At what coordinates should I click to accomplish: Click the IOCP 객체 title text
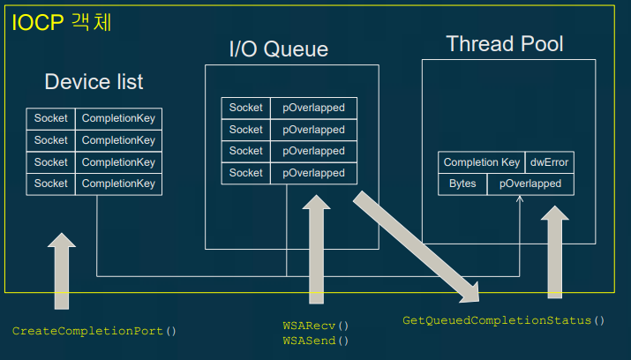click(x=62, y=22)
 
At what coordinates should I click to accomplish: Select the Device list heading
click(x=94, y=82)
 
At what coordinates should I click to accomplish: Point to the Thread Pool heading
click(x=504, y=44)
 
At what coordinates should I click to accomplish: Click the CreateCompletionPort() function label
click(x=94, y=331)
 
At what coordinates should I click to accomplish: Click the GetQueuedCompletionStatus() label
click(x=504, y=320)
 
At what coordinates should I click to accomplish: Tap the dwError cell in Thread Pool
click(x=549, y=162)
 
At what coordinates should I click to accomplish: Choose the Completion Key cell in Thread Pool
click(x=482, y=162)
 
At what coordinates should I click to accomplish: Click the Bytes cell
click(x=462, y=184)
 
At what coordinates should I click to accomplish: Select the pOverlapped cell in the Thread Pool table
click(x=530, y=184)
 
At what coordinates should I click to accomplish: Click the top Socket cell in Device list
click(x=51, y=117)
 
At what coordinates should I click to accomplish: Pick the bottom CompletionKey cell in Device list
click(x=118, y=184)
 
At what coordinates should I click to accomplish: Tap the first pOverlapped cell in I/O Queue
click(x=313, y=108)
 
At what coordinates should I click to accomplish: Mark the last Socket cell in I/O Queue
click(x=246, y=173)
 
